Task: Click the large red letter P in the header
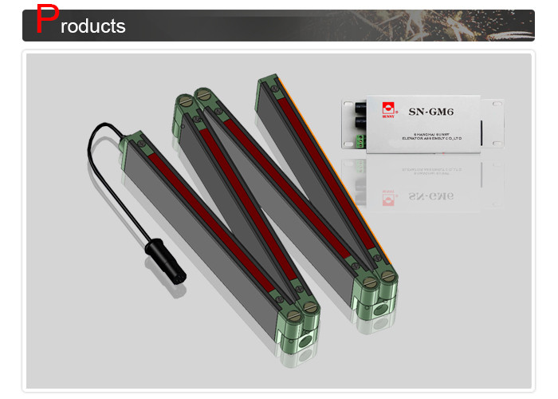49,21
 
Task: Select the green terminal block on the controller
360,143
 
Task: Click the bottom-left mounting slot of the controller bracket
348,147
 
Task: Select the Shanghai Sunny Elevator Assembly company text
423,137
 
